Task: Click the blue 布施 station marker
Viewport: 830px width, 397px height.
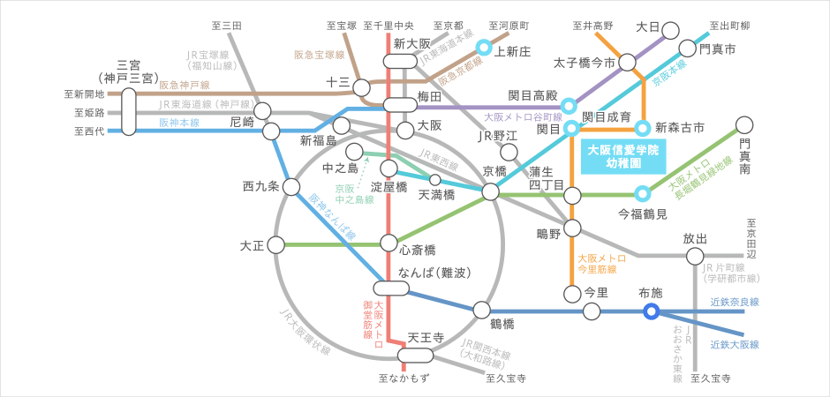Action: coord(651,311)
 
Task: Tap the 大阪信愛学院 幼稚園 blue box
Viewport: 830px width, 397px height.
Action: coord(622,157)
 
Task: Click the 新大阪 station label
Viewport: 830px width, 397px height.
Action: coord(411,43)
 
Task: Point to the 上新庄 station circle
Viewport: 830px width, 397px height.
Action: coord(484,49)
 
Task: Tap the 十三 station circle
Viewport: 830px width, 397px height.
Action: coord(360,86)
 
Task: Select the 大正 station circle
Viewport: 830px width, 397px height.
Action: coord(275,243)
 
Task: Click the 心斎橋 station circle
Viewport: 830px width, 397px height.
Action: coord(388,243)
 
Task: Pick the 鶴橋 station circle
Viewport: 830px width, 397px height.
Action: coord(481,310)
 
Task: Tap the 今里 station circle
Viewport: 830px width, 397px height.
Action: coord(570,292)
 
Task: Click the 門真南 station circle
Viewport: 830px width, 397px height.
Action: coord(744,125)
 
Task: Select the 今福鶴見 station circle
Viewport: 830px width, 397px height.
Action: coord(643,193)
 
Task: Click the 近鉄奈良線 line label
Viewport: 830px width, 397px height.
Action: coord(735,302)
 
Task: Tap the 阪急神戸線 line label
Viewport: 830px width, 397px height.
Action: coord(185,86)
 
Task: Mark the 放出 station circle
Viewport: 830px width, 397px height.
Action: coord(695,257)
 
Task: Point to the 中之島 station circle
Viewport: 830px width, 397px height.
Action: coord(355,152)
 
